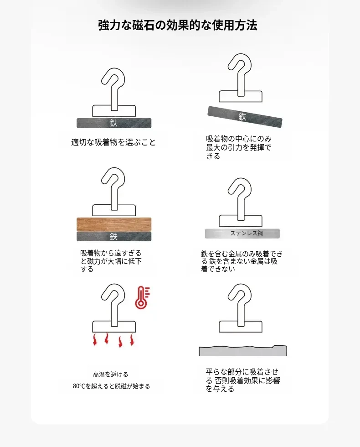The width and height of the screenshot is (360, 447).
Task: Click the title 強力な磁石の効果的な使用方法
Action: click(x=178, y=25)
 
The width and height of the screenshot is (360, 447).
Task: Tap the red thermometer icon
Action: click(x=142, y=297)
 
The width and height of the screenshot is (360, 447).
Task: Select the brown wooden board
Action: click(x=114, y=224)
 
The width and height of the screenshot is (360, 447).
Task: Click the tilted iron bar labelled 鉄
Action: click(x=245, y=117)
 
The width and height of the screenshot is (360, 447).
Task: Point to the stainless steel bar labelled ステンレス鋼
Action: click(x=242, y=234)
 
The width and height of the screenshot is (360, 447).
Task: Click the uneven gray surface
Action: click(x=242, y=351)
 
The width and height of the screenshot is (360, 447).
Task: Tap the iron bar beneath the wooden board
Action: click(x=114, y=236)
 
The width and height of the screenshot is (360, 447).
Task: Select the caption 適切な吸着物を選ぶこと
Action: click(x=113, y=142)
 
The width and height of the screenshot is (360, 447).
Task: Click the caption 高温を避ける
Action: click(x=110, y=374)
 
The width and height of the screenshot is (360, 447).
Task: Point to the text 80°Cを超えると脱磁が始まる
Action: click(x=111, y=386)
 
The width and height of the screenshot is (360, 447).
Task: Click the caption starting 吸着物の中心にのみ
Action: click(x=239, y=147)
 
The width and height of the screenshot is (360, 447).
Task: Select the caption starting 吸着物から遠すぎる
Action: click(x=111, y=261)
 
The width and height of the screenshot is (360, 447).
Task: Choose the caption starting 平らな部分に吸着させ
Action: click(x=242, y=380)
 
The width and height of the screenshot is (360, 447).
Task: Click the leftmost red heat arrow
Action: click(x=95, y=340)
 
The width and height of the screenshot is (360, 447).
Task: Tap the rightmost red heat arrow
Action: click(x=132, y=340)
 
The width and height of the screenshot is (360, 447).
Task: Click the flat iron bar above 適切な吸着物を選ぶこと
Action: click(x=114, y=123)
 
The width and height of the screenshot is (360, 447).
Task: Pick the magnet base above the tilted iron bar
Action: click(x=241, y=96)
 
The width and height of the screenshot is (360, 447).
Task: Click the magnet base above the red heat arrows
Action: click(x=114, y=327)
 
